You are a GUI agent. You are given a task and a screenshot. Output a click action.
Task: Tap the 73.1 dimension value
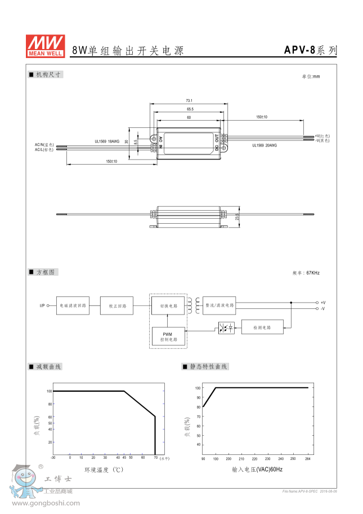[x=189, y=100]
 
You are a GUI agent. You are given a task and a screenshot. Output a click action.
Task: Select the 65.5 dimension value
[x=189, y=109]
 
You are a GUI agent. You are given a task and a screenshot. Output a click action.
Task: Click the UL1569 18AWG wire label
[x=107, y=142]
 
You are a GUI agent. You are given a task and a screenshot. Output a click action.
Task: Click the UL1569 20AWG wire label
[x=264, y=145]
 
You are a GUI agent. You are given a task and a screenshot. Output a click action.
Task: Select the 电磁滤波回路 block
[x=73, y=305]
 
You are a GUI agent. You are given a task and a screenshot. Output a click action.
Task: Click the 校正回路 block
[x=117, y=305]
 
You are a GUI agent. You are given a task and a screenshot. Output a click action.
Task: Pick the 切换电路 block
[x=169, y=305]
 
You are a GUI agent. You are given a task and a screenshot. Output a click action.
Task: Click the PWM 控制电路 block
[x=169, y=336]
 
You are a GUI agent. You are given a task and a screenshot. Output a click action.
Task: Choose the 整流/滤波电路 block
[x=219, y=305]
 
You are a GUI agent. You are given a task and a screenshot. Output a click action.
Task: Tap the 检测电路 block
[x=262, y=327]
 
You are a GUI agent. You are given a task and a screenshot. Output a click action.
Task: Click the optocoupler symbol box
[x=226, y=327]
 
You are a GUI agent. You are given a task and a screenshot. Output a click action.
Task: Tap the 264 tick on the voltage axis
[x=308, y=459]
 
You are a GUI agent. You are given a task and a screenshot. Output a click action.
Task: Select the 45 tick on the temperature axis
[x=124, y=458]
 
